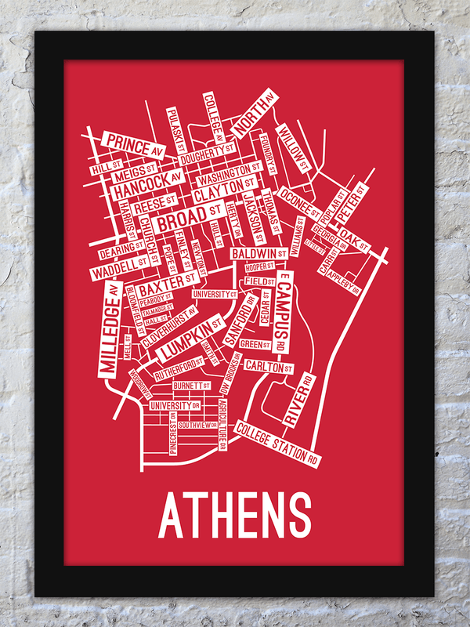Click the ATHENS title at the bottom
pos(234,513)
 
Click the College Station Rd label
pos(277,444)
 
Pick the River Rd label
pos(298,400)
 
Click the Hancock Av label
pos(147,184)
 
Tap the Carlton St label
pos(268,366)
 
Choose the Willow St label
pos(294,149)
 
